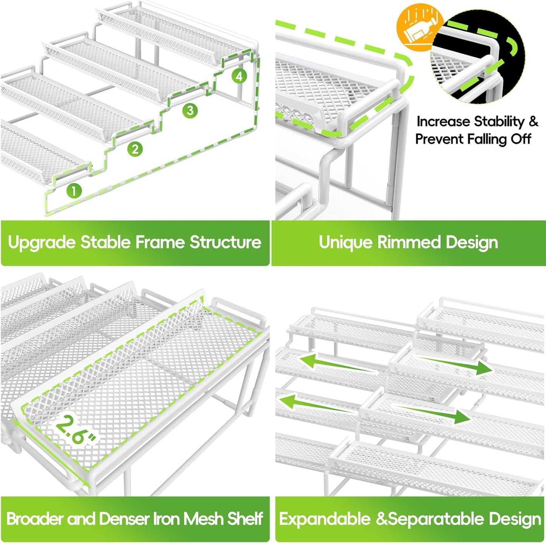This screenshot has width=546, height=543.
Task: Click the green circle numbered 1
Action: [74, 190]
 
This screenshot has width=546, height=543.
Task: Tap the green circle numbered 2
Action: [135, 149]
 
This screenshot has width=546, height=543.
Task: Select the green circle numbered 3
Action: [190, 110]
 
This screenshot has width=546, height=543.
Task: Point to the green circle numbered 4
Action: [239, 77]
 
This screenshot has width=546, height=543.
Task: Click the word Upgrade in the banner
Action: [42, 243]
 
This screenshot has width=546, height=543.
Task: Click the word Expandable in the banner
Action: [324, 519]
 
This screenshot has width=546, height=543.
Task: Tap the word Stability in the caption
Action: [499, 122]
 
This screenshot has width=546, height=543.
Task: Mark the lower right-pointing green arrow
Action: [435, 414]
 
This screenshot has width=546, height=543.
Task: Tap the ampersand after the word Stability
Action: [533, 122]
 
